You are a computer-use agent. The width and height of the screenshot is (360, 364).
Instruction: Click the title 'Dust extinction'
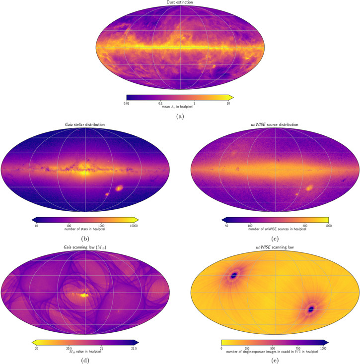180,3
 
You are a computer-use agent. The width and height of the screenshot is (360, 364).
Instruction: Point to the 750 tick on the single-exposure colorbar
296,349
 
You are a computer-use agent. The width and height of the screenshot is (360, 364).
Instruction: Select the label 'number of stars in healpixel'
85,230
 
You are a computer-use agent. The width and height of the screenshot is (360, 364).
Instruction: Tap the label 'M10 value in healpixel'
85,353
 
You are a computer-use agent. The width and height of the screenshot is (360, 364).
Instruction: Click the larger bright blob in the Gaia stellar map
119,188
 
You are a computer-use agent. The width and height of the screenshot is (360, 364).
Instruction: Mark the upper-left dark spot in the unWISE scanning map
235,274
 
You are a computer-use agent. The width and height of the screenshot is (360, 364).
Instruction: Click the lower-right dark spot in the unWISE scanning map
311,308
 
